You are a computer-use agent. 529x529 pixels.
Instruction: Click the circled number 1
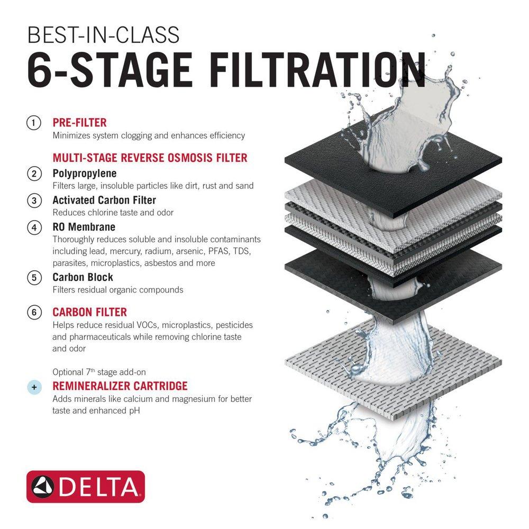click(34, 123)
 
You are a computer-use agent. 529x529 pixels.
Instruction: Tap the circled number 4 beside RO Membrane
click(34, 227)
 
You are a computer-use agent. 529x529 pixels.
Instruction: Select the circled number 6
click(34, 312)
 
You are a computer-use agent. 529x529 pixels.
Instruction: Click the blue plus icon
click(34, 387)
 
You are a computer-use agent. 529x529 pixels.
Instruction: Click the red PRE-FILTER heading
click(79, 123)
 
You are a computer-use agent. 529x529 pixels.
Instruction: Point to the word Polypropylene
click(84, 174)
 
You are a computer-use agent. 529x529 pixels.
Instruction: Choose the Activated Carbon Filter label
click(104, 200)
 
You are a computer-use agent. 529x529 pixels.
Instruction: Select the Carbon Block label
click(83, 277)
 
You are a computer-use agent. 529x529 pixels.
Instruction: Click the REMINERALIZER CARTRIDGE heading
click(120, 386)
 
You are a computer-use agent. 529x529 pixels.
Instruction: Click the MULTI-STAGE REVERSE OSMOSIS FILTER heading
click(150, 158)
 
